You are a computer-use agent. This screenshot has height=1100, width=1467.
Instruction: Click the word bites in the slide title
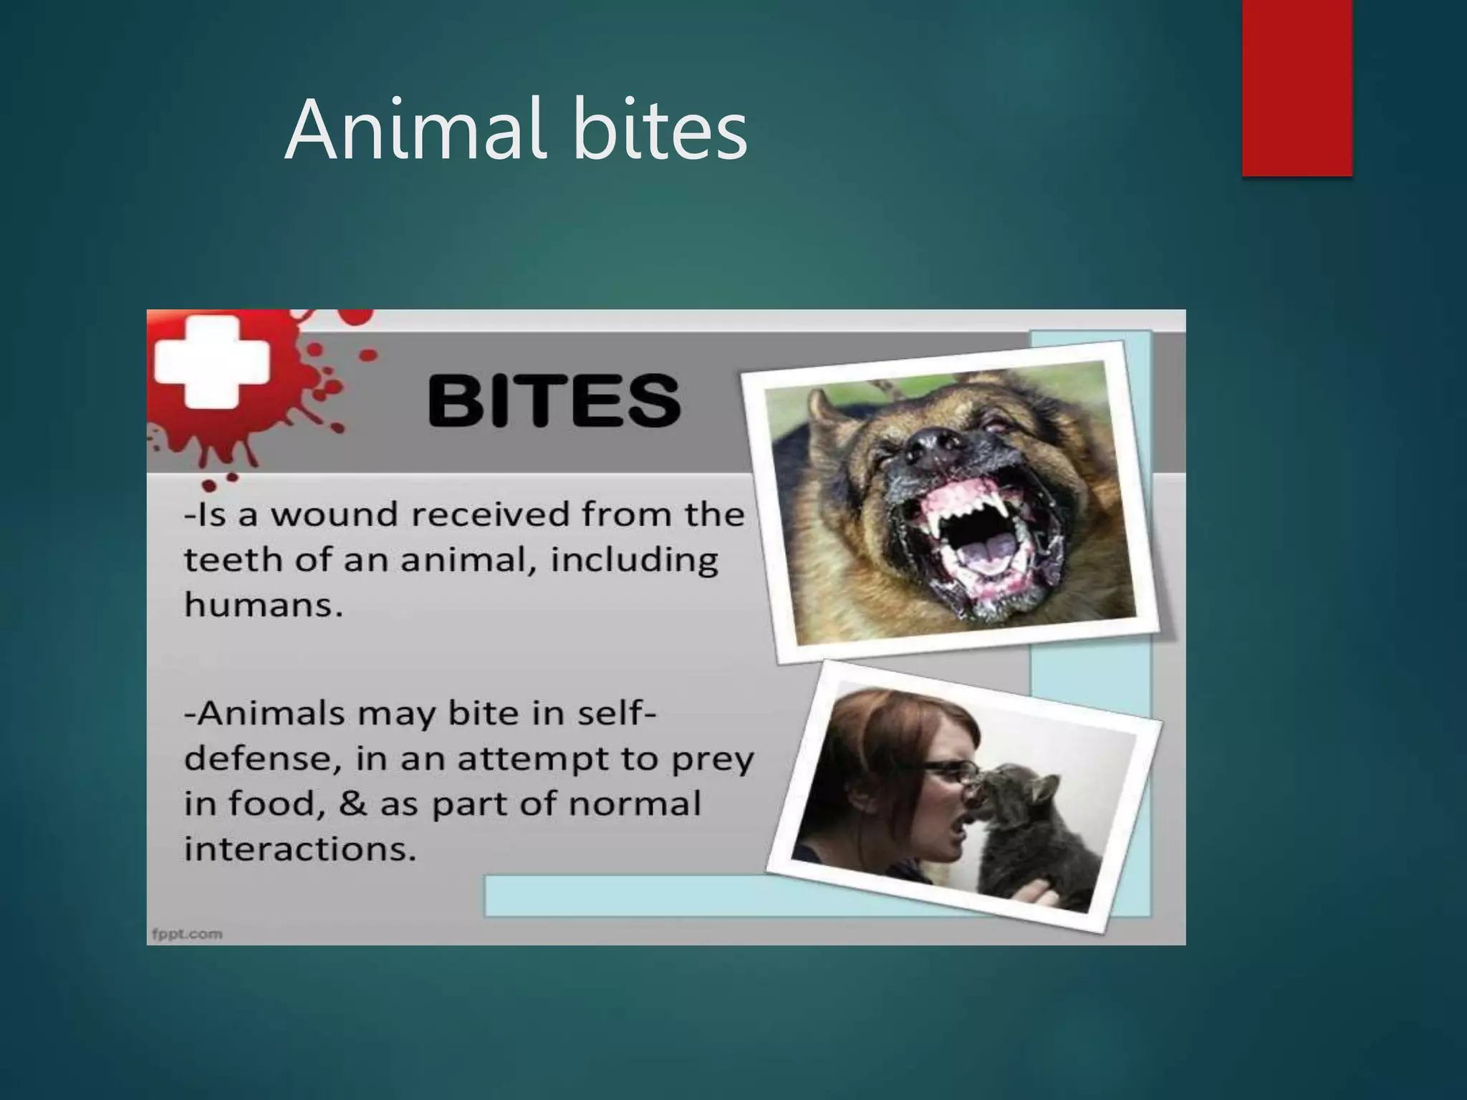click(660, 130)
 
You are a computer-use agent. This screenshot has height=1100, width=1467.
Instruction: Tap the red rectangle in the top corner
click(1297, 87)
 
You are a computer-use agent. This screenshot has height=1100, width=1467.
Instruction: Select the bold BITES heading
click(554, 401)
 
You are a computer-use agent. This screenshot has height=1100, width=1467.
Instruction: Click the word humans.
click(263, 605)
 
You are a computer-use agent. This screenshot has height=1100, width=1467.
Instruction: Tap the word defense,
click(262, 759)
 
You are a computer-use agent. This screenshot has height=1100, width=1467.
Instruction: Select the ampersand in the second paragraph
click(352, 804)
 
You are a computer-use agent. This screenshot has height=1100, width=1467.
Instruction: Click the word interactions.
click(300, 849)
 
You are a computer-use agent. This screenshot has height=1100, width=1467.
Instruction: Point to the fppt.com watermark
click(187, 934)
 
